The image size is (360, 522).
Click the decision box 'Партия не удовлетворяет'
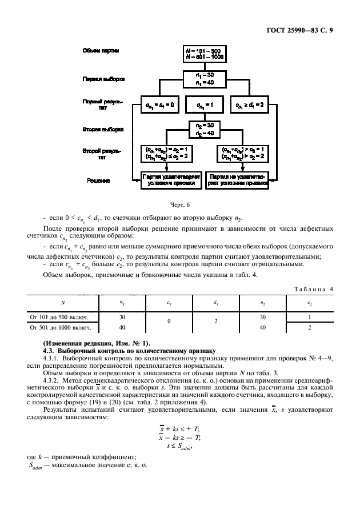pyautogui.click(x=236, y=180)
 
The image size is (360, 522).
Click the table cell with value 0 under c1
pyautogui.click(x=169, y=322)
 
